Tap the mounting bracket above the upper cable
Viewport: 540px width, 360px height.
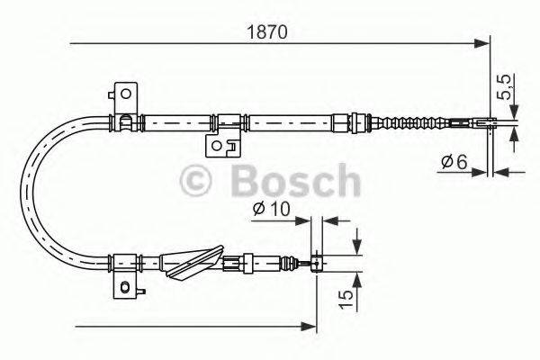point(123,94)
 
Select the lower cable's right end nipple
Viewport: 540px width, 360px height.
point(317,263)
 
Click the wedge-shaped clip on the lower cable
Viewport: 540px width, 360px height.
point(193,262)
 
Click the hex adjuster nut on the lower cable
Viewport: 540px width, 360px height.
point(237,263)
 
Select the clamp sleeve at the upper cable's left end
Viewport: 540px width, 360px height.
point(124,120)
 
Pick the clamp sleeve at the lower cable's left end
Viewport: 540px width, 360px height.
point(124,262)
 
